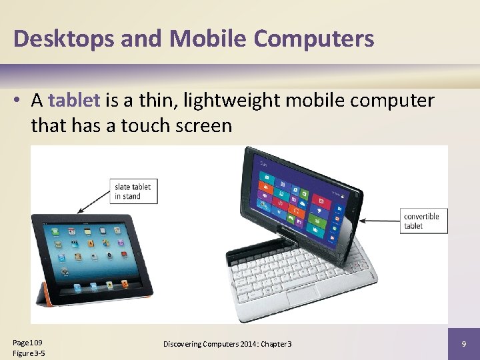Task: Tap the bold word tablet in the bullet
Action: pyautogui.click(x=74, y=101)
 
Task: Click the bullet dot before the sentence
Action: pyautogui.click(x=21, y=101)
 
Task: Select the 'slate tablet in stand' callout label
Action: pyautogui.click(x=132, y=191)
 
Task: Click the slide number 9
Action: pyautogui.click(x=463, y=343)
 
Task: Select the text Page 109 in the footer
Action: pyautogui.click(x=27, y=341)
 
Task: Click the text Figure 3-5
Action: pyautogui.click(x=29, y=353)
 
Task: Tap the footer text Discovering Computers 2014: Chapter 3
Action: pyautogui.click(x=227, y=343)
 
